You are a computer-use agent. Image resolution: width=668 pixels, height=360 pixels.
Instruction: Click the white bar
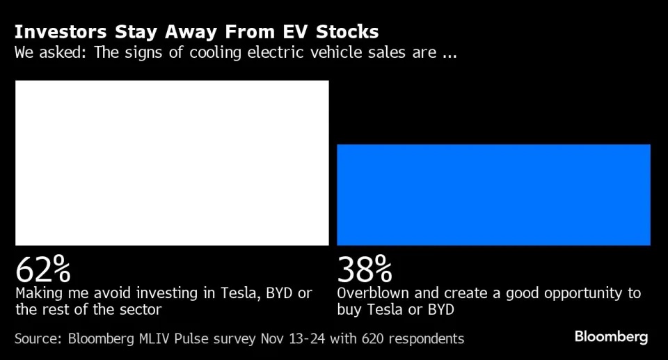[172, 162]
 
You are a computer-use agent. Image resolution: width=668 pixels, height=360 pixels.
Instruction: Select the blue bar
[493, 194]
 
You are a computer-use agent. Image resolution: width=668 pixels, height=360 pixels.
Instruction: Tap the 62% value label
[43, 268]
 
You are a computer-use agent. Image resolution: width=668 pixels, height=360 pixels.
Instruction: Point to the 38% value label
[365, 268]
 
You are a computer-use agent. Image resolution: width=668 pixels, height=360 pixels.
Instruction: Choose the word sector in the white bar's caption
[138, 309]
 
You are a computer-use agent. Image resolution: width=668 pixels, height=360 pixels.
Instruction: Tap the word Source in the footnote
[37, 339]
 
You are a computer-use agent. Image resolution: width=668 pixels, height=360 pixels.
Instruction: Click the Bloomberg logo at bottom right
[611, 338]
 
